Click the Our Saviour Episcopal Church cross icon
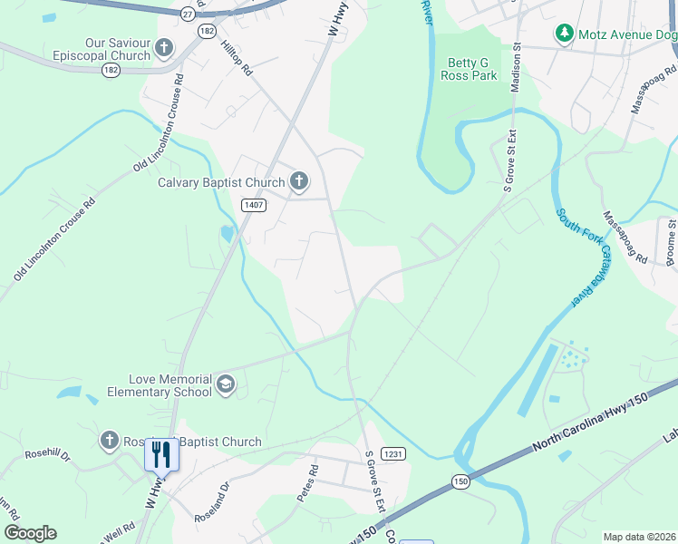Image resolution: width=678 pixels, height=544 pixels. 164,48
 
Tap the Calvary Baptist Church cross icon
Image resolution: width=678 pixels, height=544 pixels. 299,182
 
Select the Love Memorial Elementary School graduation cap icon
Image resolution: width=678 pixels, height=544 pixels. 225,385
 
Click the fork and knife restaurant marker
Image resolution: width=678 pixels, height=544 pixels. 161,453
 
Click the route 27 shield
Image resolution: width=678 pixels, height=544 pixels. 187,14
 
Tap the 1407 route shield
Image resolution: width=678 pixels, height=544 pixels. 253,206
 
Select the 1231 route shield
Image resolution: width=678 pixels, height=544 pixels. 392,453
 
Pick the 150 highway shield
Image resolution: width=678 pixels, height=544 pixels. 461,481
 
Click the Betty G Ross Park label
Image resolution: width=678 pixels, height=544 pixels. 471,69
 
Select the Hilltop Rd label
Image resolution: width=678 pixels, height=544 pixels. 236,56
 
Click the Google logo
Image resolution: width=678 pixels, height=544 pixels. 30,533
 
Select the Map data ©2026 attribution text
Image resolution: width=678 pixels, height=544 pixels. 639,537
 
